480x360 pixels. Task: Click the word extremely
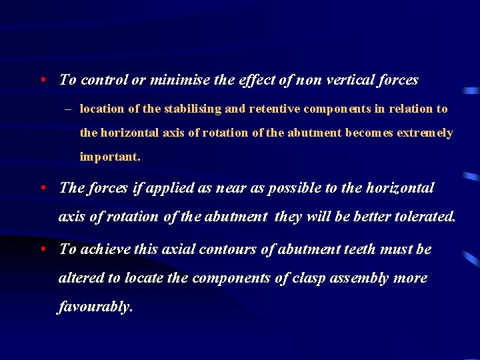coord(425,133)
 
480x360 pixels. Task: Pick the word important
coord(110,157)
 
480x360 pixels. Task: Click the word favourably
coord(95,307)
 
